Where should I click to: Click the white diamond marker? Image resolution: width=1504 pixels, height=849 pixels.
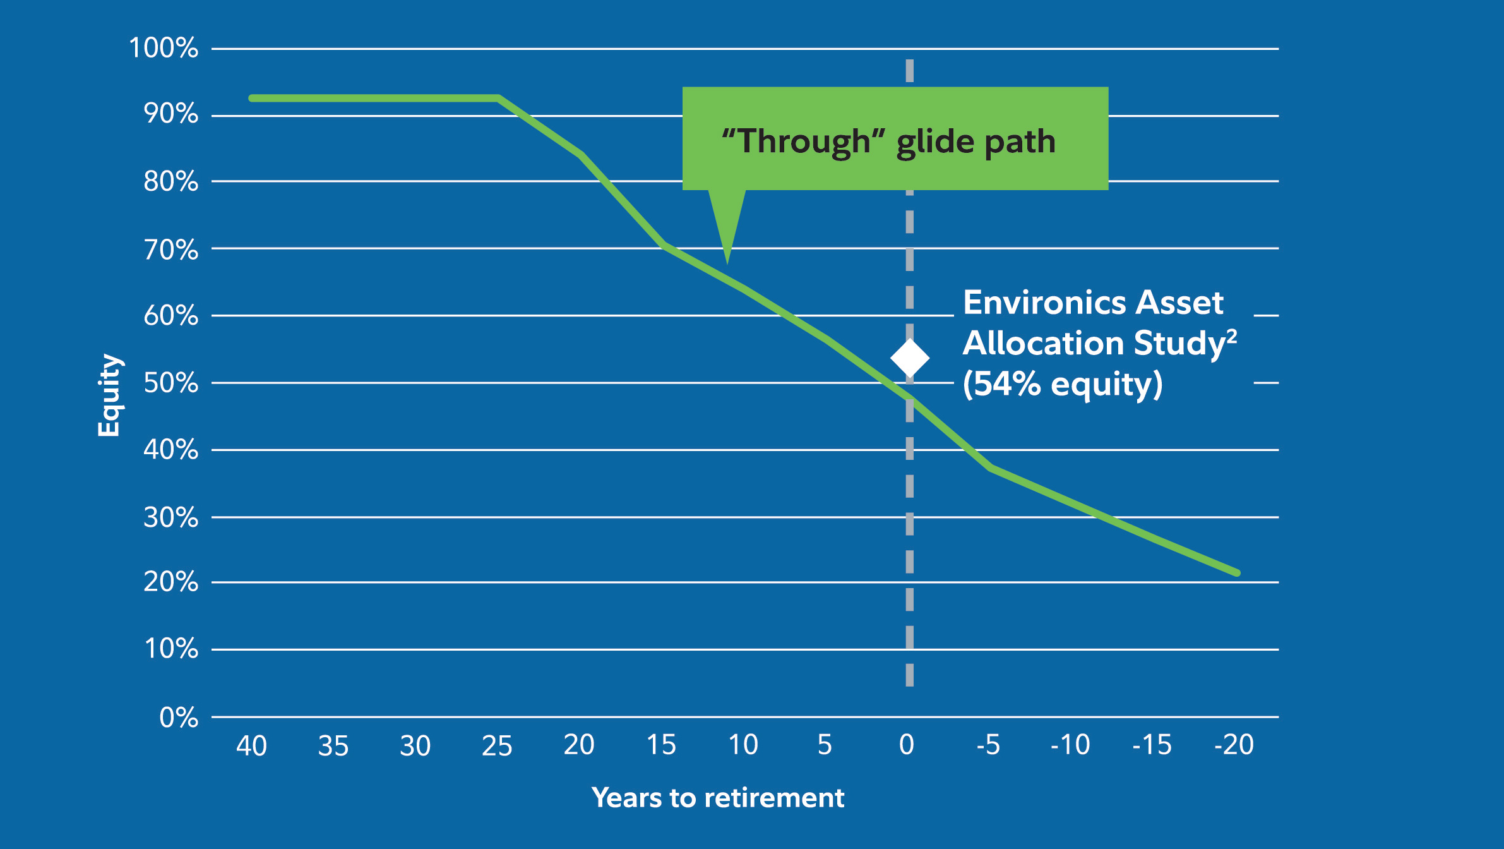click(910, 358)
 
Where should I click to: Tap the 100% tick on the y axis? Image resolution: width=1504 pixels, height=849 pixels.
click(164, 48)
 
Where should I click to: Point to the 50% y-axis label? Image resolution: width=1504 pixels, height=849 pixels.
click(170, 383)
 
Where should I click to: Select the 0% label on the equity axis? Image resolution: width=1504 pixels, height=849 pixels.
click(179, 718)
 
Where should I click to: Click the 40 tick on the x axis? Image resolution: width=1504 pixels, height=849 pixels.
click(251, 746)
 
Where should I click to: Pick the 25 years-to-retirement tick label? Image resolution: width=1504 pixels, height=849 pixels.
click(497, 746)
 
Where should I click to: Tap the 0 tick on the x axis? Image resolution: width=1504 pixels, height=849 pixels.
click(907, 745)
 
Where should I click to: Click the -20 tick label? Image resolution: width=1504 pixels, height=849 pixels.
click(1234, 745)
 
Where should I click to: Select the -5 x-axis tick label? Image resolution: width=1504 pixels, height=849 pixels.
click(988, 745)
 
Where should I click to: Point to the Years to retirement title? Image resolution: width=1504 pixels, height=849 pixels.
click(718, 798)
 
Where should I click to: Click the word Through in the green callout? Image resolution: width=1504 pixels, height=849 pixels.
click(804, 141)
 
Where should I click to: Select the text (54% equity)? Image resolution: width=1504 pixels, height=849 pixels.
click(1062, 384)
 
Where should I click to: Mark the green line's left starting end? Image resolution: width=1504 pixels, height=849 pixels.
click(253, 98)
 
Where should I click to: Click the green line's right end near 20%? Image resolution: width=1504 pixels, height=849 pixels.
click(1236, 572)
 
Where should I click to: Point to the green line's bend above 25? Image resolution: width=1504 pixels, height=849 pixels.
click(499, 98)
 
